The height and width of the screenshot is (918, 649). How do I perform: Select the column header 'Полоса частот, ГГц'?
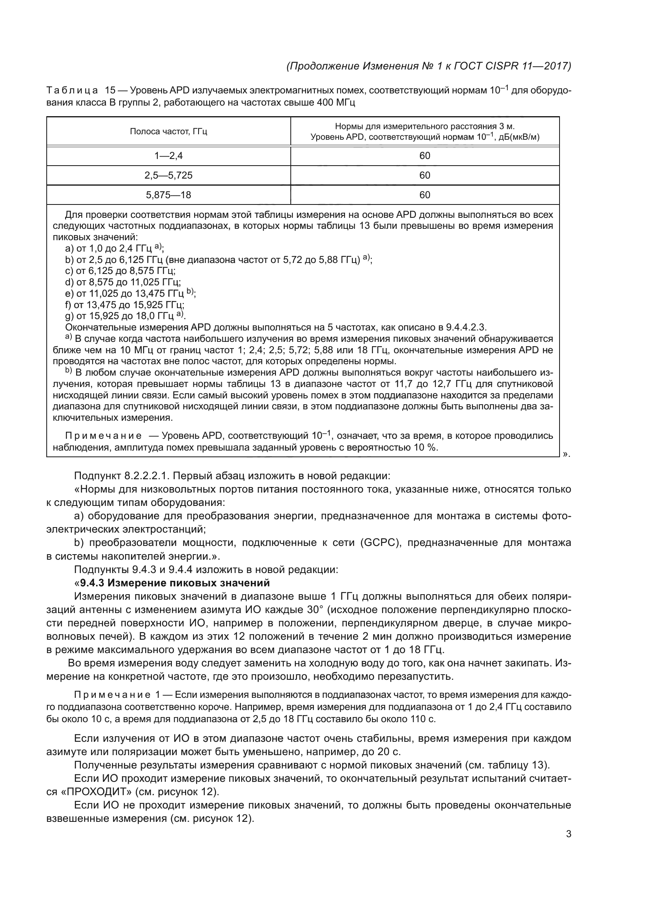pyautogui.click(x=168, y=131)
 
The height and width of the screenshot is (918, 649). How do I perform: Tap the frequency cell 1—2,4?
pyautogui.click(x=168, y=156)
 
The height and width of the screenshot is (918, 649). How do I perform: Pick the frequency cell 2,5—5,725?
pyautogui.click(x=168, y=175)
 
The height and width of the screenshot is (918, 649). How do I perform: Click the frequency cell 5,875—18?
pyautogui.click(x=168, y=195)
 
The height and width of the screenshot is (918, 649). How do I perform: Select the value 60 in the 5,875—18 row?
pyautogui.click(x=425, y=195)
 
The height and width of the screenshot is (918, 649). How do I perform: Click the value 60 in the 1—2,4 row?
pyautogui.click(x=425, y=156)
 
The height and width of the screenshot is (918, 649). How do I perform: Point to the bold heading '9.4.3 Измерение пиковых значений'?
pyautogui.click(x=175, y=582)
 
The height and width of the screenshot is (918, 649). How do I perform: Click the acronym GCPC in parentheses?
pyautogui.click(x=380, y=543)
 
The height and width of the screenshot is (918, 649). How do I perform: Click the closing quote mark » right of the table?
pyautogui.click(x=565, y=454)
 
